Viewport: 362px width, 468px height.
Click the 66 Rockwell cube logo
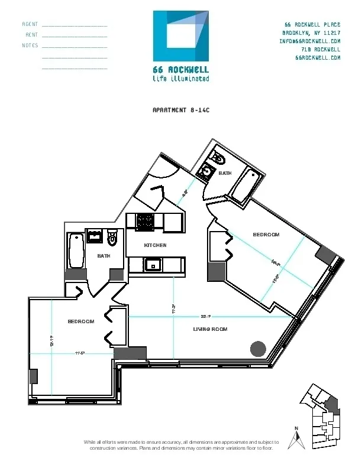click(x=181, y=36)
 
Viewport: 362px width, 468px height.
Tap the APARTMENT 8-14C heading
click(x=180, y=110)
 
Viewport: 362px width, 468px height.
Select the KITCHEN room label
click(x=156, y=245)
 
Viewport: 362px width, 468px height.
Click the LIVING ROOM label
click(x=211, y=329)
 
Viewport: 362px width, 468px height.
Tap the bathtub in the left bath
click(x=76, y=252)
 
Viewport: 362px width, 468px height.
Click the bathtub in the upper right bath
click(x=244, y=184)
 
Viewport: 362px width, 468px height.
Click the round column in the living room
click(x=258, y=349)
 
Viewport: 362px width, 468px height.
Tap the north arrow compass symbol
click(x=299, y=438)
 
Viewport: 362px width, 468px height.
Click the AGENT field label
click(x=30, y=25)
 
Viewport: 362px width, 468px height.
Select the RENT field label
click(x=32, y=35)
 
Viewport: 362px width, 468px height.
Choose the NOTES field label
click(x=30, y=45)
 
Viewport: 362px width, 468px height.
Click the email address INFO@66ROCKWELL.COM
click(x=309, y=41)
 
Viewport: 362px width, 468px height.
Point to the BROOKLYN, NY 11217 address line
click(x=311, y=33)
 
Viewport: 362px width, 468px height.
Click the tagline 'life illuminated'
click(x=180, y=78)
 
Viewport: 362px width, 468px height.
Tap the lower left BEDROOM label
click(x=81, y=321)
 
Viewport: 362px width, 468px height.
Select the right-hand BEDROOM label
click(x=266, y=235)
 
